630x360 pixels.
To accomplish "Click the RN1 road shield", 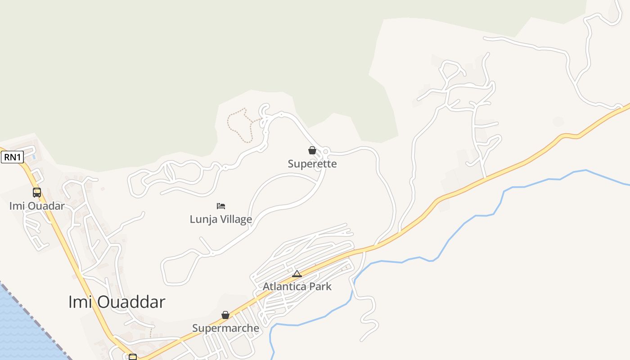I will coord(12,157).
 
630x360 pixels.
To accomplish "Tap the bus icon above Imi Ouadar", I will coord(37,193).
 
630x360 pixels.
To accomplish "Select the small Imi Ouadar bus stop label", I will coord(37,206).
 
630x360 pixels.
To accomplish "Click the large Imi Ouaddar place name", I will coord(117,302).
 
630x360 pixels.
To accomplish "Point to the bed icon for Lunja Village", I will coord(220,206).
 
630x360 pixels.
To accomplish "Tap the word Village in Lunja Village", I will coord(236,220).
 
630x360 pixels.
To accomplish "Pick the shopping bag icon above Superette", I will coord(312,150).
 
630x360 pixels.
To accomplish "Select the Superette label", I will coord(312,164).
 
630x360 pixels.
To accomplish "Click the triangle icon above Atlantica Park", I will coord(297,274).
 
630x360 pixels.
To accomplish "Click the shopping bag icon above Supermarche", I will coord(225,315).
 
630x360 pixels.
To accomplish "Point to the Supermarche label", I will coord(225,328).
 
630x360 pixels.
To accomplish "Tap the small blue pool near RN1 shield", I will coord(34,157).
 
